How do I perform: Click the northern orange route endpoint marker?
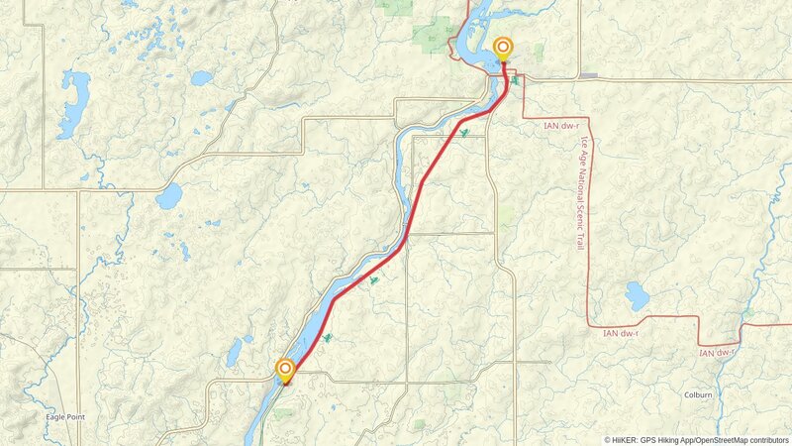[x=503, y=47]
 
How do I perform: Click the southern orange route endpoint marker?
[x=286, y=370]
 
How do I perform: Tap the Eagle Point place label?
[x=65, y=417]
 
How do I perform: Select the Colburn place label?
[x=698, y=393]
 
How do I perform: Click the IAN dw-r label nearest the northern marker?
[x=563, y=125]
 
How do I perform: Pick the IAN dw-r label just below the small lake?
[x=623, y=333]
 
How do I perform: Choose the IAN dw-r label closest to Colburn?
[x=720, y=352]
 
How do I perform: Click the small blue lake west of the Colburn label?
[x=637, y=295]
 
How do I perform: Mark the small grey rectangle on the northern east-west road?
[x=589, y=76]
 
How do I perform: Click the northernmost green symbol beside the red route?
[x=464, y=133]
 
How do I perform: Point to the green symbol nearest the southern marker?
[x=326, y=338]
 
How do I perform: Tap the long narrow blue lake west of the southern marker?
[x=236, y=352]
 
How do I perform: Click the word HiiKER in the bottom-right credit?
[x=625, y=439]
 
